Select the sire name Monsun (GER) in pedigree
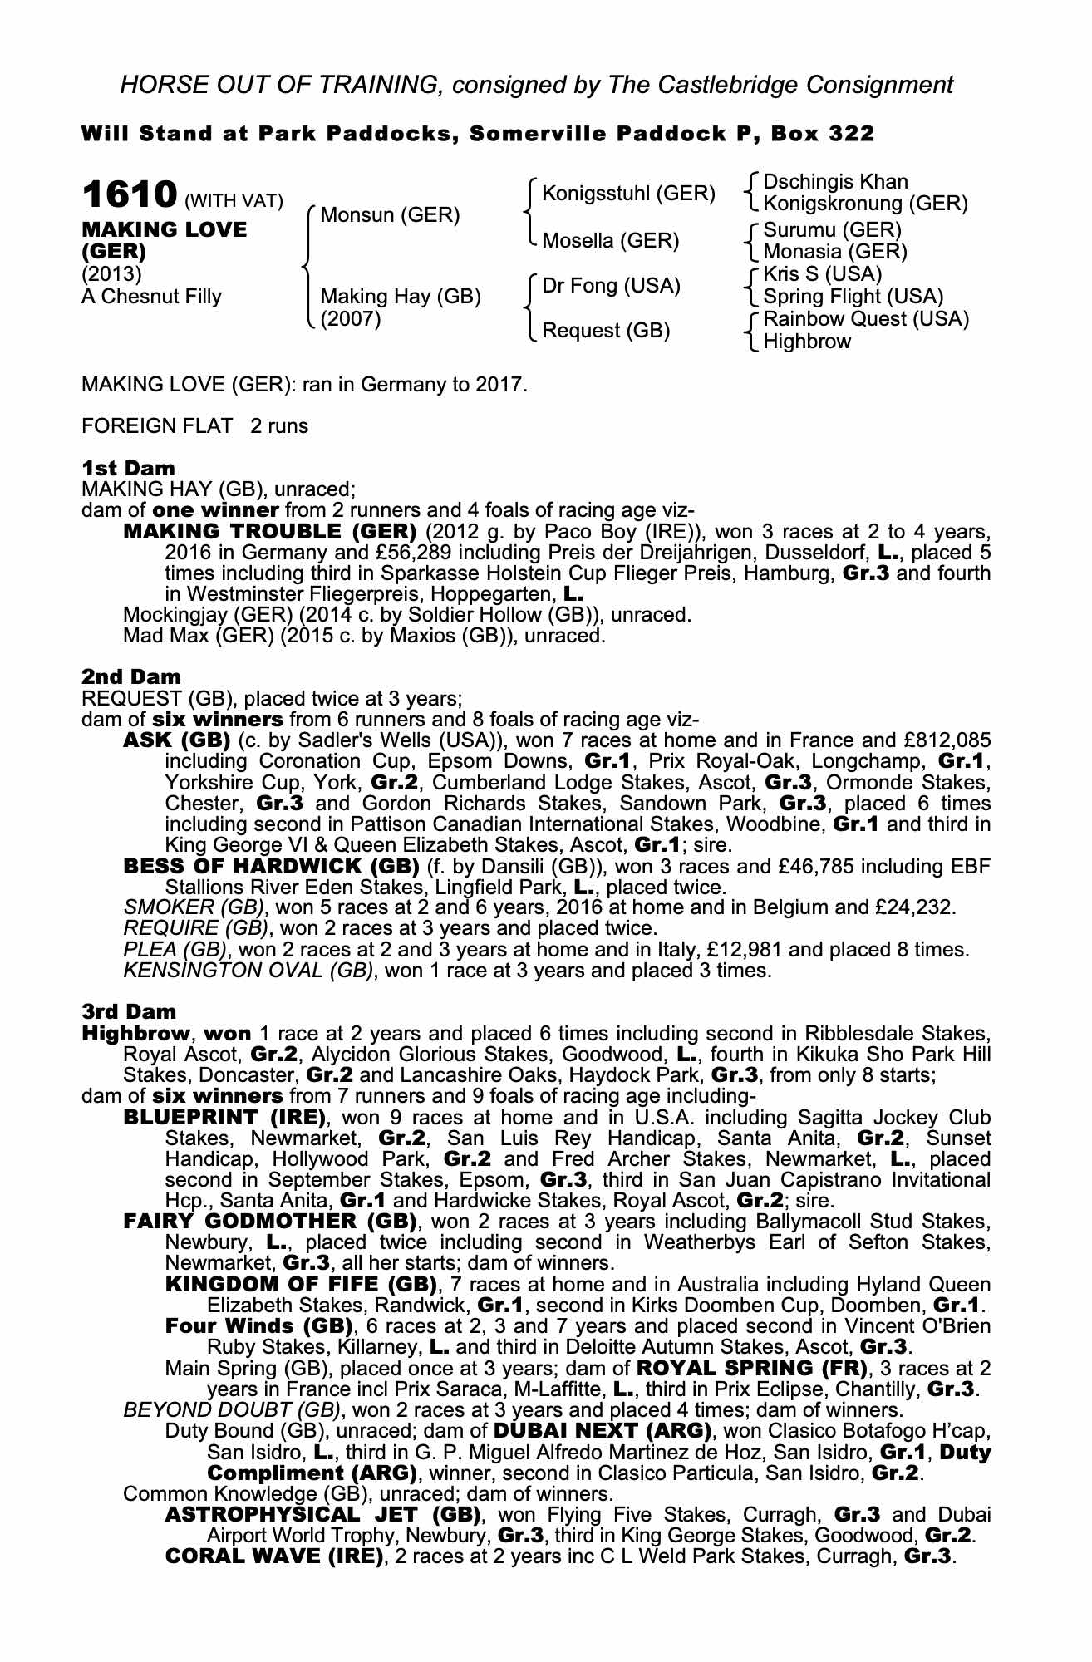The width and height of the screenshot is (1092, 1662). [x=390, y=215]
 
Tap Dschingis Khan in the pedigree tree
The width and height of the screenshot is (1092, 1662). [x=835, y=182]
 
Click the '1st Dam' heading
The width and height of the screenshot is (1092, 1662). [x=128, y=468]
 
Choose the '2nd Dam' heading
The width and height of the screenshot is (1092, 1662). [x=130, y=677]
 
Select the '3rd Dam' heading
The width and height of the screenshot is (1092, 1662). [x=129, y=1011]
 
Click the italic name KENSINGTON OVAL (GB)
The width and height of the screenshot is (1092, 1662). [x=247, y=970]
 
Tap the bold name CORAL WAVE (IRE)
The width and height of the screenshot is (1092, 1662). [x=274, y=1556]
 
